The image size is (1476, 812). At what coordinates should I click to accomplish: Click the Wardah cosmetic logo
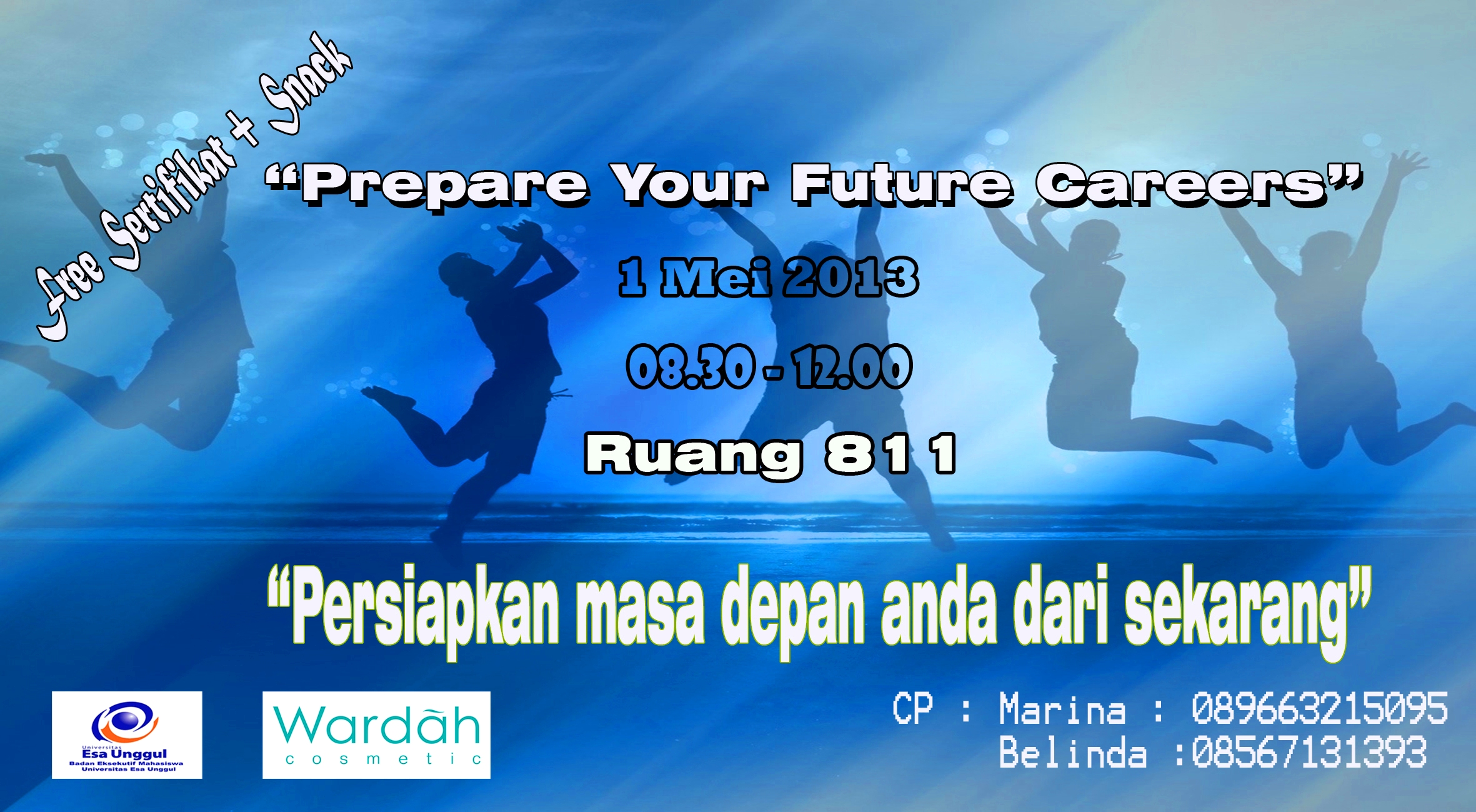376,734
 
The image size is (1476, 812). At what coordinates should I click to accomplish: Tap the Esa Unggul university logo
127,734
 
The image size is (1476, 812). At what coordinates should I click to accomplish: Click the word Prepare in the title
445,185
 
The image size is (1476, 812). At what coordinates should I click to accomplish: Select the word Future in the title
902,184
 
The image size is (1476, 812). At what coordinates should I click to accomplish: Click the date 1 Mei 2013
769,277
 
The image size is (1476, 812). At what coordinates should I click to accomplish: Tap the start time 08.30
691,367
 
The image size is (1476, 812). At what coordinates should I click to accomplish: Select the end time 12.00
852,367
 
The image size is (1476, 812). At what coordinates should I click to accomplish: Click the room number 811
891,454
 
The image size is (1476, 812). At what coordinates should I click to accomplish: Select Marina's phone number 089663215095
1319,708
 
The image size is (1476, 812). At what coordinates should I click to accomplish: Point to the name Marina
1062,709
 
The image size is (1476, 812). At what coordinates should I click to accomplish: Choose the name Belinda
1073,752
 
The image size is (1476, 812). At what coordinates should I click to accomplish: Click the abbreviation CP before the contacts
913,709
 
